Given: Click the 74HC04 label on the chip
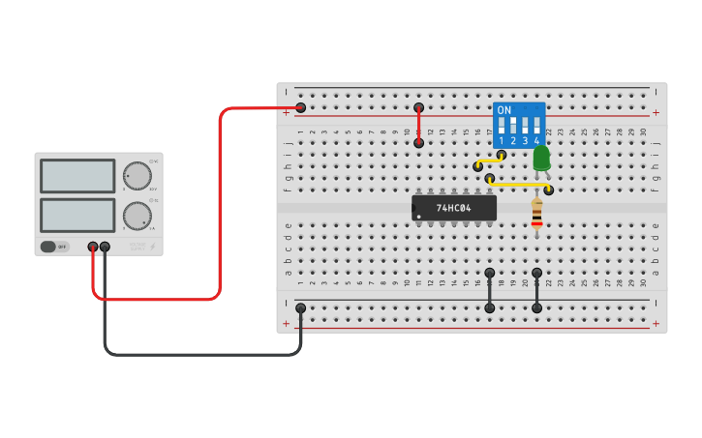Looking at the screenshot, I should pyautogui.click(x=453, y=208).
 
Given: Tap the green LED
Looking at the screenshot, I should pyautogui.click(x=541, y=158).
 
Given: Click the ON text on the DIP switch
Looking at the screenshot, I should pyautogui.click(x=504, y=110).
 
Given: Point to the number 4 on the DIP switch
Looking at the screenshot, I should pyautogui.click(x=536, y=141).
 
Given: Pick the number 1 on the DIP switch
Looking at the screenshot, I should pyautogui.click(x=502, y=141).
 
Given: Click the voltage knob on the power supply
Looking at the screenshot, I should pyautogui.click(x=137, y=176).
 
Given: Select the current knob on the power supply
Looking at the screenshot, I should pyautogui.click(x=137, y=215).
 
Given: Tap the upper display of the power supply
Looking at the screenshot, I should pyautogui.click(x=77, y=176).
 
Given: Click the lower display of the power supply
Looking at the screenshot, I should pyautogui.click(x=77, y=215).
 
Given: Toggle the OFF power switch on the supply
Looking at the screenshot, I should pyautogui.click(x=54, y=247).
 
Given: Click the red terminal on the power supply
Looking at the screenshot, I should pyautogui.click(x=93, y=247).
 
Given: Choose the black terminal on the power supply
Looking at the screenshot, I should pyautogui.click(x=105, y=247).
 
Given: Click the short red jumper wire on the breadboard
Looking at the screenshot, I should pyautogui.click(x=418, y=125).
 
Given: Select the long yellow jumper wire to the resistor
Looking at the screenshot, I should pyautogui.click(x=519, y=184).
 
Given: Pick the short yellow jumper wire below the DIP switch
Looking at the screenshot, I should pyautogui.click(x=489, y=161).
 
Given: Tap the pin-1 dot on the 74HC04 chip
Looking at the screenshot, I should pyautogui.click(x=418, y=217).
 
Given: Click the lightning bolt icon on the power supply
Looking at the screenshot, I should pyautogui.click(x=152, y=246).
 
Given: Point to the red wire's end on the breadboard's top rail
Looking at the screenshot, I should pyautogui.click(x=300, y=107).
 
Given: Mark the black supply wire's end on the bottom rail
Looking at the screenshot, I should pyautogui.click(x=300, y=308).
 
